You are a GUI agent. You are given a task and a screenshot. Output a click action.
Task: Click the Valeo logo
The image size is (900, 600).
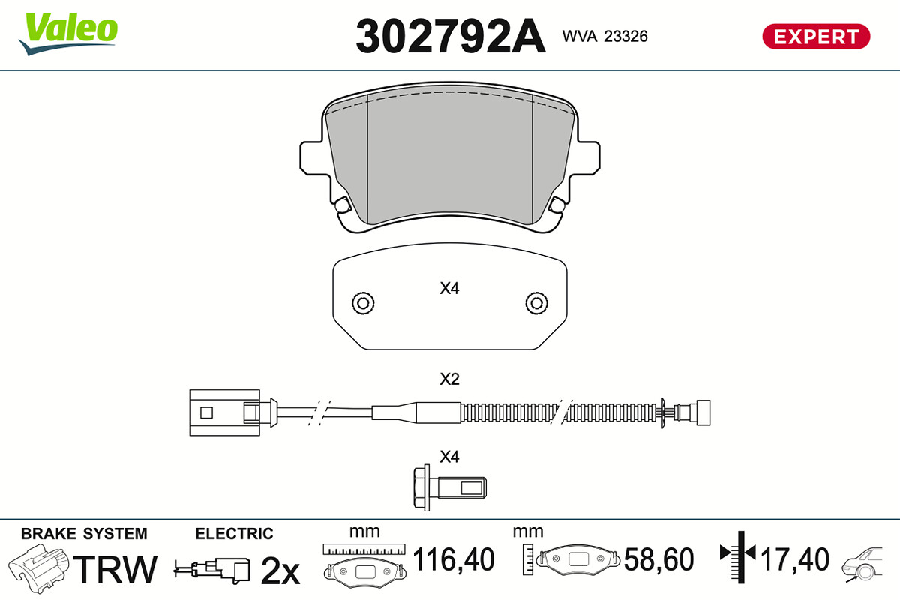click(68, 34)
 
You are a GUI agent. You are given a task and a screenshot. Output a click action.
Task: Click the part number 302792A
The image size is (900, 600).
click(451, 36)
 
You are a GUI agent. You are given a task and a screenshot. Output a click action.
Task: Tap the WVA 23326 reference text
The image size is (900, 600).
click(604, 37)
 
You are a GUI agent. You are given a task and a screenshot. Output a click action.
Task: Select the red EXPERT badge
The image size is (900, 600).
click(816, 37)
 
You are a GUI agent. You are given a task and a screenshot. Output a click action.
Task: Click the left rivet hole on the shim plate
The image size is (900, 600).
click(363, 303)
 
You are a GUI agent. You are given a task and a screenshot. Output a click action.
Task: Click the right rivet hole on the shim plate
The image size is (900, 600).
click(536, 303)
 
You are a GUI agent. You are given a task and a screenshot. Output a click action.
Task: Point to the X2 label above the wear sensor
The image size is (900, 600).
click(449, 379)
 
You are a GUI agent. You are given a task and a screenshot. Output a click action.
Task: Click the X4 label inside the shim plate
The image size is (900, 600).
click(449, 288)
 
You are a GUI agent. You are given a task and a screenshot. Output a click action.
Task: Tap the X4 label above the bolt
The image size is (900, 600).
click(449, 457)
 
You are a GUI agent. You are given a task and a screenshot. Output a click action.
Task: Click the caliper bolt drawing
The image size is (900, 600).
click(449, 488)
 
